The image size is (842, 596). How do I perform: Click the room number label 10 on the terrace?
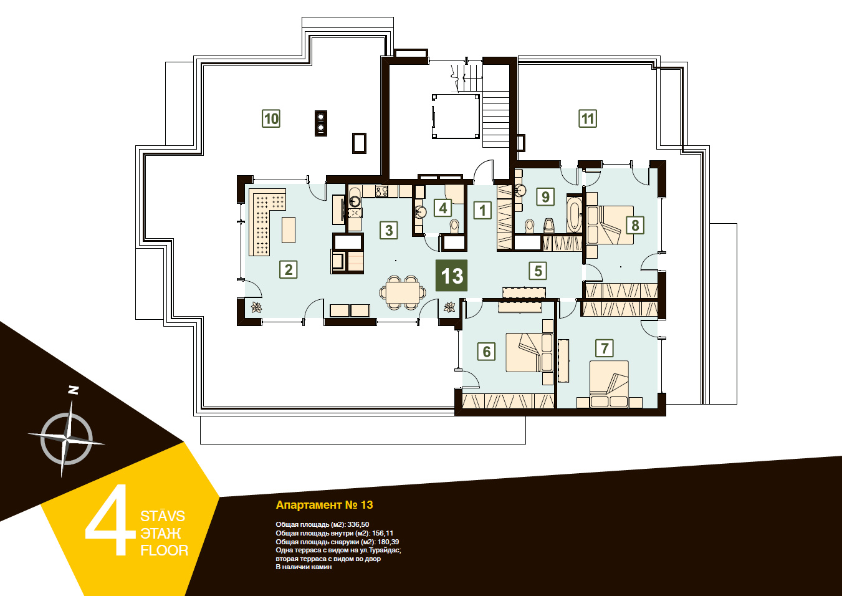(x=271, y=119)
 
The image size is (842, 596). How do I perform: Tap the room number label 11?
(x=588, y=119)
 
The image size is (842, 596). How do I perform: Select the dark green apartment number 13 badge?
(x=451, y=276)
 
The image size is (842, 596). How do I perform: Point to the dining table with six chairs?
(x=403, y=293)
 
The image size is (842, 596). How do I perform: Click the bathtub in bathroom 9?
(x=573, y=214)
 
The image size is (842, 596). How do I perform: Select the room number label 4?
(x=443, y=208)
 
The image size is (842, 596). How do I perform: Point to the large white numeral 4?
(x=110, y=520)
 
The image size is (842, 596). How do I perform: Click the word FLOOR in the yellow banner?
(x=165, y=550)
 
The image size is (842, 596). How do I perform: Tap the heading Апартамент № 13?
(x=324, y=504)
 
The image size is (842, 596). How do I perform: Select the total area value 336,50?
(x=358, y=524)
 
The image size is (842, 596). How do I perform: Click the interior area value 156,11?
(x=383, y=533)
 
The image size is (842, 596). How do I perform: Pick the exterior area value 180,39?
(x=388, y=542)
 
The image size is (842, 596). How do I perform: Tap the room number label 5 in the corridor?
(x=538, y=271)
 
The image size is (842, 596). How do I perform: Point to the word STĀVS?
(x=163, y=516)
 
